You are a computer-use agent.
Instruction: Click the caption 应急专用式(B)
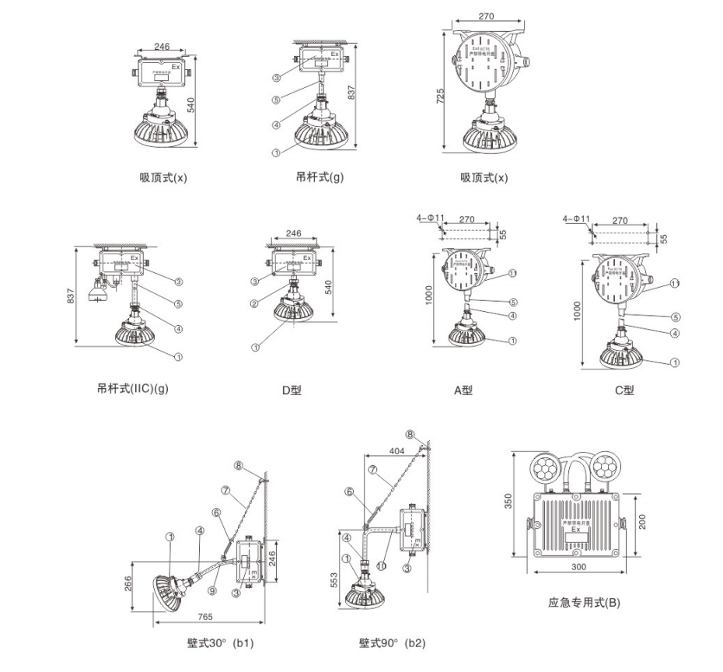point(584,602)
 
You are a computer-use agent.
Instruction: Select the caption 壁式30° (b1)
point(220,643)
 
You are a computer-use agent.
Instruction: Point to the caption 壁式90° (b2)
point(393,643)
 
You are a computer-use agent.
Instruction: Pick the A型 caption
point(463,390)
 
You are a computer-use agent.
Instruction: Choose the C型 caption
point(624,390)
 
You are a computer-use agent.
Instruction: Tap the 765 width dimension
point(204,617)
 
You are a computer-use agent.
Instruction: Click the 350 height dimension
point(509,502)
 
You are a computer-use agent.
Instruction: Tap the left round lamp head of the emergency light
point(544,467)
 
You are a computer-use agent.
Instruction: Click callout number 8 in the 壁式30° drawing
point(239,467)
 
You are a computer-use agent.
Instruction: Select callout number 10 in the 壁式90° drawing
point(382,566)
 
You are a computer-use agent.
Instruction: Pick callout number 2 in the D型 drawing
point(254,303)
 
